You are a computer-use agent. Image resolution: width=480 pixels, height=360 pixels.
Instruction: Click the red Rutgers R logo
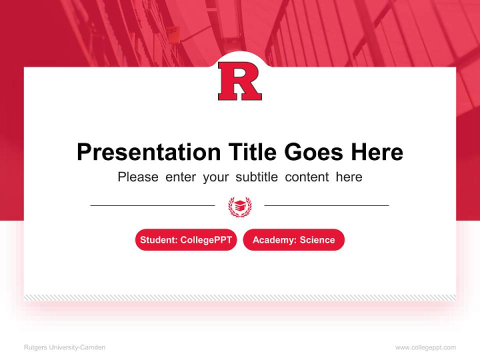240,81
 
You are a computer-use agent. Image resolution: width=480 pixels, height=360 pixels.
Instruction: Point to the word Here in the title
376,152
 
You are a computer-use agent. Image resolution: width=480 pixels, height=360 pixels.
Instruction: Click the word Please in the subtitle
138,177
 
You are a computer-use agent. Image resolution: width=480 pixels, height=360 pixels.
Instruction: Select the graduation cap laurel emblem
240,206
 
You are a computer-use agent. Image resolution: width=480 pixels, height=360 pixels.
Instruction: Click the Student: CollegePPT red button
186,240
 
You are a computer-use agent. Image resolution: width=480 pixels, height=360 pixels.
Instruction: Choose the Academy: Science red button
293,240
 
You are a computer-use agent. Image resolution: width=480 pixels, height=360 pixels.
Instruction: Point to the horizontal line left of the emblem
152,205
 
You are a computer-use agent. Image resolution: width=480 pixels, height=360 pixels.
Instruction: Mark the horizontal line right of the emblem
326,205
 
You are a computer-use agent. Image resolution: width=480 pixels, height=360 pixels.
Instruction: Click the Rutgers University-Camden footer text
64,347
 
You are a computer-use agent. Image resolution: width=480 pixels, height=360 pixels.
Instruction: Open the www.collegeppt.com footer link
425,347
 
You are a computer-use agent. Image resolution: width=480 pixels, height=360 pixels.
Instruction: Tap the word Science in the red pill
317,240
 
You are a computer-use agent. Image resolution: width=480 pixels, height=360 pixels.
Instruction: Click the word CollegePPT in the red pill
206,240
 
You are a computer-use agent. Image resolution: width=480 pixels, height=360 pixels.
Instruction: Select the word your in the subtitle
216,177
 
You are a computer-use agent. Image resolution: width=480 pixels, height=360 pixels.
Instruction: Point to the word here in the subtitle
349,177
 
